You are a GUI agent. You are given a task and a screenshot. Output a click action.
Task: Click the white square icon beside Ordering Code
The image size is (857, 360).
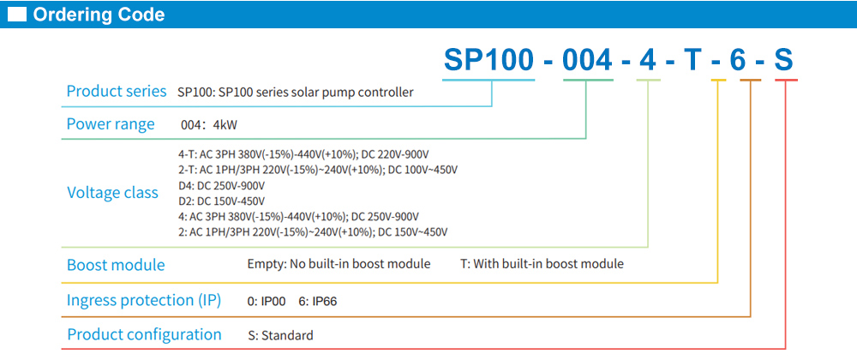coord(18,15)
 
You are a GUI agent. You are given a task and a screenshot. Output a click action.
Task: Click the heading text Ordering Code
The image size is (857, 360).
coord(99,15)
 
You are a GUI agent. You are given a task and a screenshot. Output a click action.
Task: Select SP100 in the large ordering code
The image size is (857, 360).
coord(487,60)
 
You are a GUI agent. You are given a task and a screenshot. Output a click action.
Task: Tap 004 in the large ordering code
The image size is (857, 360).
coord(587,60)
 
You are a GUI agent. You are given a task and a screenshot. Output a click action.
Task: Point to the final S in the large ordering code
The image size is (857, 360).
coord(784,60)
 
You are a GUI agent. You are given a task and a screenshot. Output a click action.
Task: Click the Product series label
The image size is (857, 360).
coord(117,92)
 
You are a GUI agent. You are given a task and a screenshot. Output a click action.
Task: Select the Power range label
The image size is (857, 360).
coord(111,124)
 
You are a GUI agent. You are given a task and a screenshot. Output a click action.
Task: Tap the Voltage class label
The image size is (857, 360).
coord(112,193)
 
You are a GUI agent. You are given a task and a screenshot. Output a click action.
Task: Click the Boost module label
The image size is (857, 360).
coord(116,265)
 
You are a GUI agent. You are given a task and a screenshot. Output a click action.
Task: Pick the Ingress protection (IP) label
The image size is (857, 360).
coord(144,300)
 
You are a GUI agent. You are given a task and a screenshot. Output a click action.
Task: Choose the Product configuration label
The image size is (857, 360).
coord(144,334)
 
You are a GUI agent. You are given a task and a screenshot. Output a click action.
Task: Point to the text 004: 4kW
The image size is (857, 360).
coord(209,125)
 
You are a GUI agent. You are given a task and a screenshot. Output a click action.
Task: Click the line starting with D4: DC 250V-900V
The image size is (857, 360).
coord(220,185)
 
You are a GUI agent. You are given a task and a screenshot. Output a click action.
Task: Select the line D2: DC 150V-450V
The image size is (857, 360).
coord(220,201)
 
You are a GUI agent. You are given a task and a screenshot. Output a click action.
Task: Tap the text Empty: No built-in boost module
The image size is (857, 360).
coord(339,264)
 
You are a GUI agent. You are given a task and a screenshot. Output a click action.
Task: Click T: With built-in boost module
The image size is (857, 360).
coord(542,264)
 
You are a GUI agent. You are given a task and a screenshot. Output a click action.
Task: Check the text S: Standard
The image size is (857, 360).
coord(280,335)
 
